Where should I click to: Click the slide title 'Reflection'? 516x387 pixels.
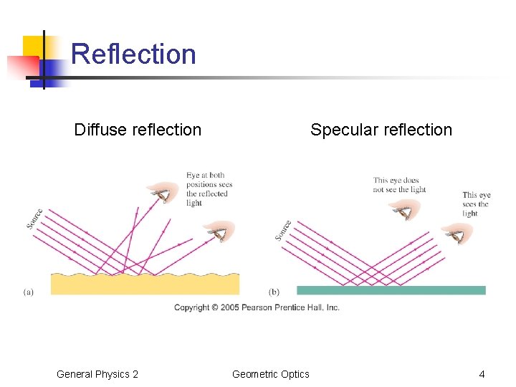coord(133,54)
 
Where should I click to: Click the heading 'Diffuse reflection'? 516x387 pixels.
coord(138,130)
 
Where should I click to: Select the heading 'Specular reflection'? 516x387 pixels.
coord(381,130)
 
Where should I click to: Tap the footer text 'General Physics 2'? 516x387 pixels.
coord(97,374)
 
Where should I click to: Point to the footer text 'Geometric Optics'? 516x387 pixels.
coord(271,374)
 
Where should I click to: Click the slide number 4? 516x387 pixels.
coord(482,374)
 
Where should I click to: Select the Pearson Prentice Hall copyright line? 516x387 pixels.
coord(257,307)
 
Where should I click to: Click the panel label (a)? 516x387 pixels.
coord(29,292)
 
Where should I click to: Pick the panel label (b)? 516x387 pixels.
coord(274,292)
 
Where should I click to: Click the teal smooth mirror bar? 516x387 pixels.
coord(391,290)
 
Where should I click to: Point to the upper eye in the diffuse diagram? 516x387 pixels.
coord(164,191)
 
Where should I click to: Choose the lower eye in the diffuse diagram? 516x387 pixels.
coord(219,231)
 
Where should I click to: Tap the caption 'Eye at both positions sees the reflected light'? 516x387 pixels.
coord(209,189)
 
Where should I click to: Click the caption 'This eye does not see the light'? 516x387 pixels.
coord(399,185)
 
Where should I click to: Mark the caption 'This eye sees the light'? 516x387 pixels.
coord(476,204)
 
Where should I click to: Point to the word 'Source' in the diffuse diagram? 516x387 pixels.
coord(34,219)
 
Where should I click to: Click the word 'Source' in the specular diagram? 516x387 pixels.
coord(283,230)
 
